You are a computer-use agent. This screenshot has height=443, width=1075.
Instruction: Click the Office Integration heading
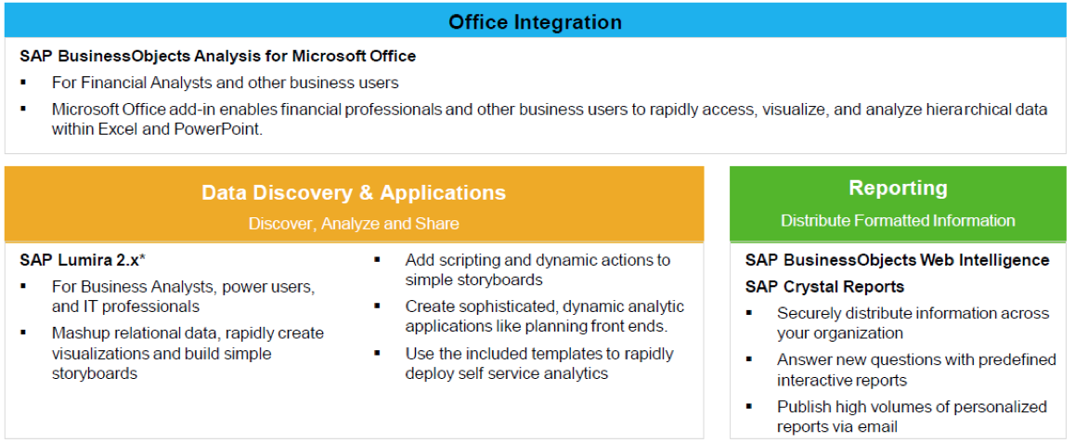(535, 22)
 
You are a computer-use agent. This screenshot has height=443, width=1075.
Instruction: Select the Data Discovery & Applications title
(354, 192)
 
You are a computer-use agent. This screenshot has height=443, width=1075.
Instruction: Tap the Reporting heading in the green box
(898, 188)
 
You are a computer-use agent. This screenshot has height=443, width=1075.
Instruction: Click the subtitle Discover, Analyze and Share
(354, 224)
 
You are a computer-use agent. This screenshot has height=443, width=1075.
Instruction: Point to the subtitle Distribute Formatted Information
(898, 220)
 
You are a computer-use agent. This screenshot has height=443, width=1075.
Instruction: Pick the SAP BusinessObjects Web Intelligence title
(898, 261)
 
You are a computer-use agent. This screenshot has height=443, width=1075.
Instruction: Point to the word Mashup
(79, 333)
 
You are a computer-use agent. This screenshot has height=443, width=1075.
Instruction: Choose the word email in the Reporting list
(879, 427)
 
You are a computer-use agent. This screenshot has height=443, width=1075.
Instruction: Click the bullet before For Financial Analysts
(24, 83)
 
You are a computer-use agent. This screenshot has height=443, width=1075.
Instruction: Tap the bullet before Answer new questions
(749, 359)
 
